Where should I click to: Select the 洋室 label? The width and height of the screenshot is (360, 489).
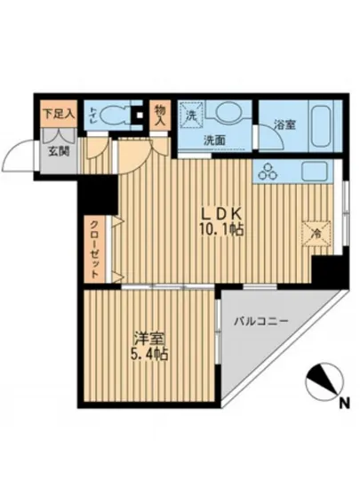pos(149,339)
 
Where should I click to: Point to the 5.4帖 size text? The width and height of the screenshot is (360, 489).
pos(149,354)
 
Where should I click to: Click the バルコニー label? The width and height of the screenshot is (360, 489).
pos(261,320)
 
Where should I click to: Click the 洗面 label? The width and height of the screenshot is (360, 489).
pos(214,140)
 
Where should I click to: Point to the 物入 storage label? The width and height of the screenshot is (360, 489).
pos(159,113)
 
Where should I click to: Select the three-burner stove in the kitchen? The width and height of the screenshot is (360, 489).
pos(268,172)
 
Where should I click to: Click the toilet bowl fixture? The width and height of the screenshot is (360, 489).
pos(112,116)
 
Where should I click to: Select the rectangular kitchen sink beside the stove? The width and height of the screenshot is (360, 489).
pos(316,172)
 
